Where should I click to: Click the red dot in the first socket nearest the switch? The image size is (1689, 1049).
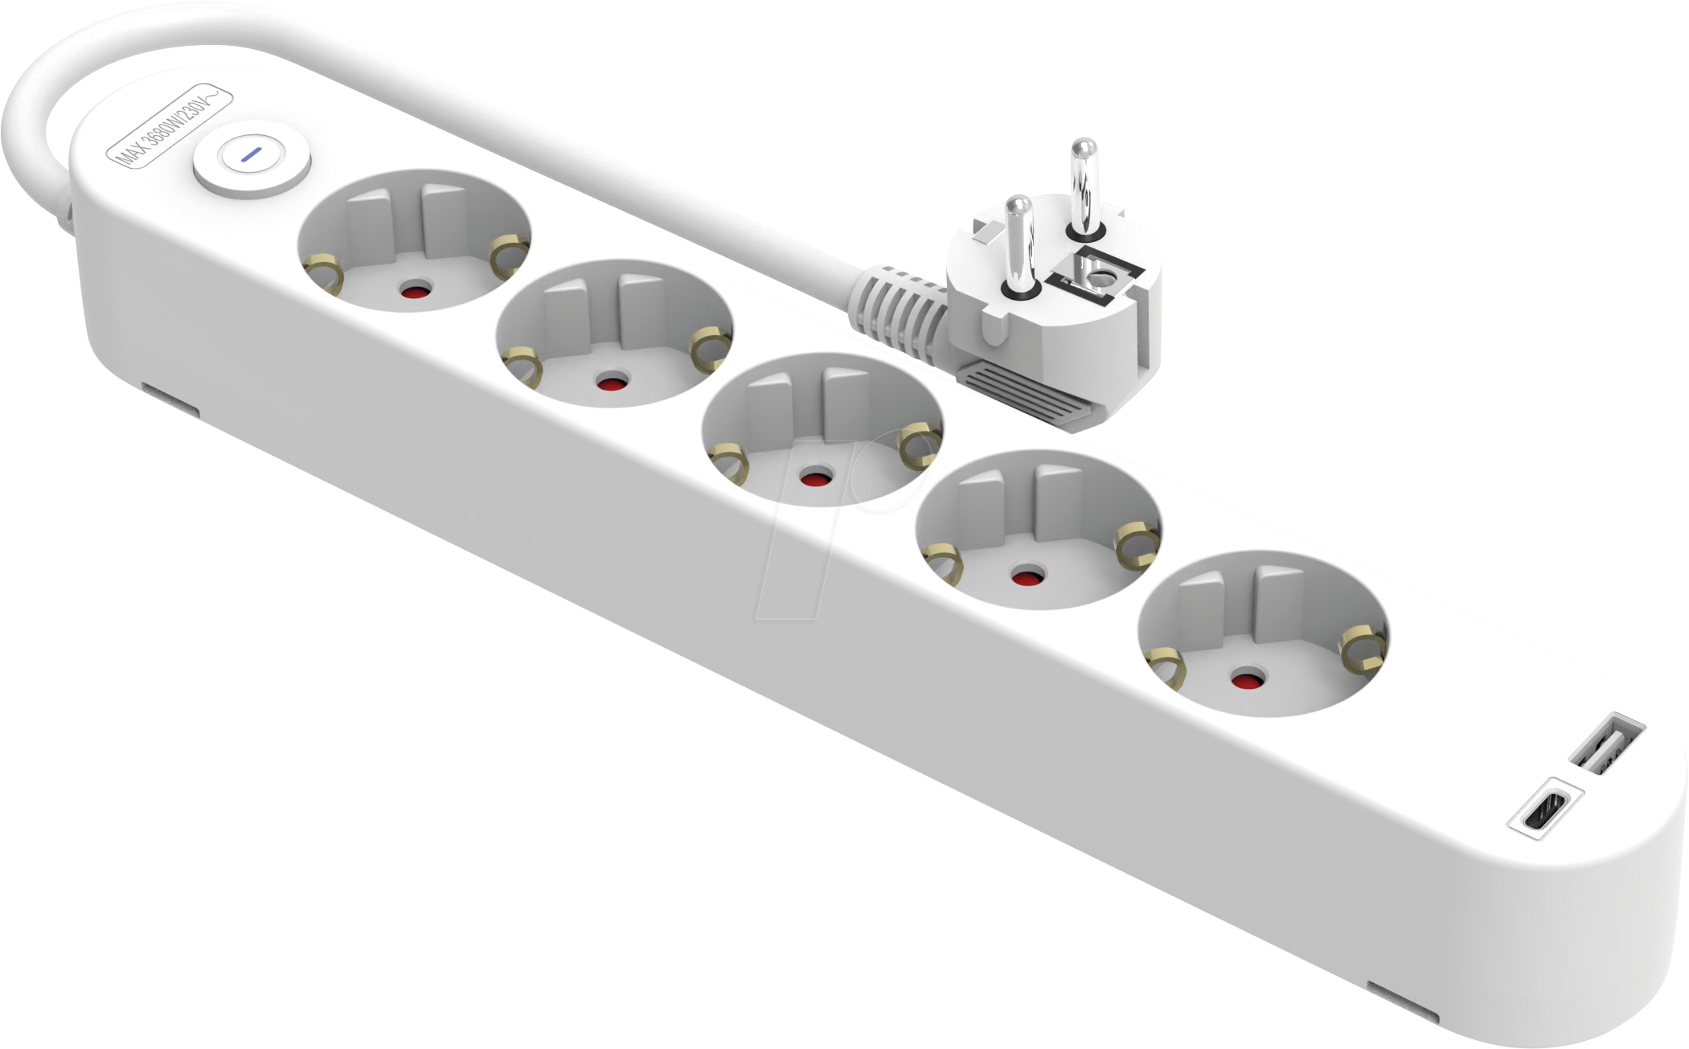click(415, 291)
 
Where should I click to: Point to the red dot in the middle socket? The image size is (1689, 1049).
click(816, 479)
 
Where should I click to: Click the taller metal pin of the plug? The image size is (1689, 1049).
click(1082, 188)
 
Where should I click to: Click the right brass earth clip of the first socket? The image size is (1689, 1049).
click(509, 255)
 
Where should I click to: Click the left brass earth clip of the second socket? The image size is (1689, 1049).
click(521, 367)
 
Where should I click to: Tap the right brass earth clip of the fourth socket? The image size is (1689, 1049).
click(1138, 543)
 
